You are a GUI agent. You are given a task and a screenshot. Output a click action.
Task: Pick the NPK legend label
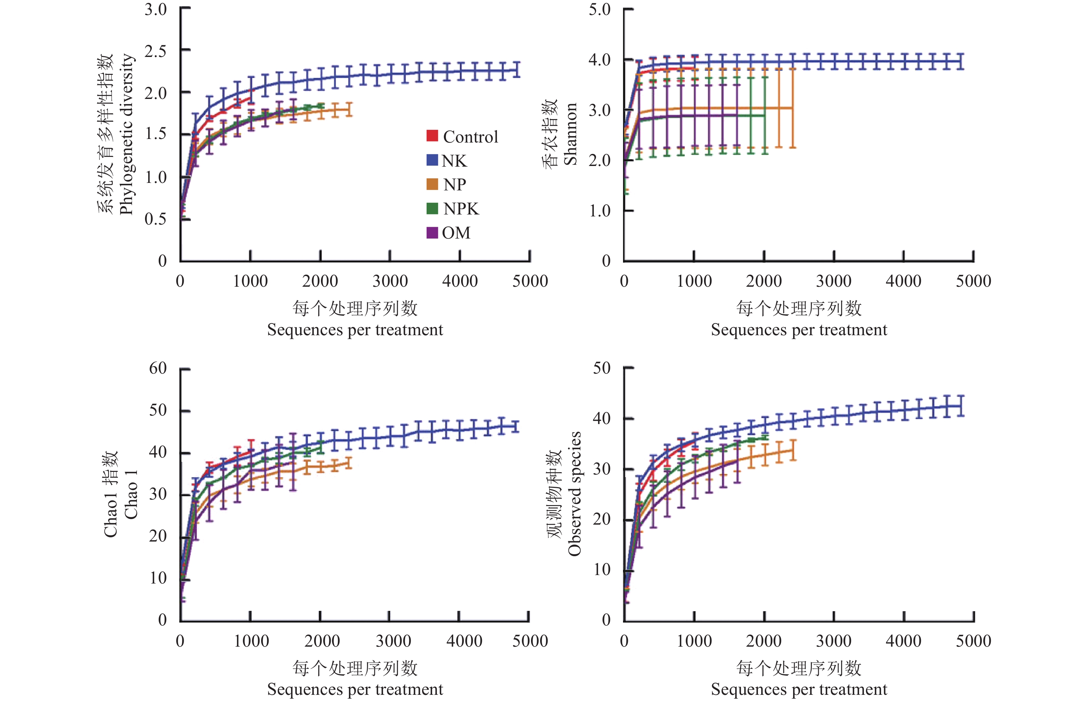tap(461, 209)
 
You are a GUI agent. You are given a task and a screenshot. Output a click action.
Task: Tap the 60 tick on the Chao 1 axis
tap(158, 368)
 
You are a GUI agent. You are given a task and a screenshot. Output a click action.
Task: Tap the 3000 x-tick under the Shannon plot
tap(833, 281)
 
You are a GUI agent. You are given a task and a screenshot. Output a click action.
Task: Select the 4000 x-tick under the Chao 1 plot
tap(464, 641)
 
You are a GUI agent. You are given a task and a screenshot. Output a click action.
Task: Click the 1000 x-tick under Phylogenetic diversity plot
tap(250, 281)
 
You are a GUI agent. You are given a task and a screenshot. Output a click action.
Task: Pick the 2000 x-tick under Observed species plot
tap(764, 641)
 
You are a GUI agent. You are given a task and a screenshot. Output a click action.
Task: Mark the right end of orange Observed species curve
tap(793, 450)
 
